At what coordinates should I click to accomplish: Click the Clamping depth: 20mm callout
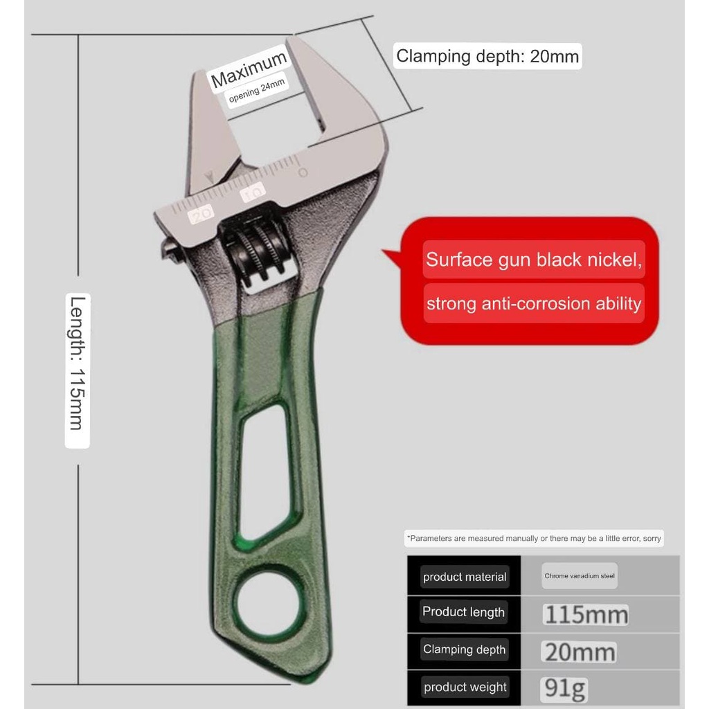(487, 56)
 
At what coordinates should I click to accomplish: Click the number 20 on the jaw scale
(201, 215)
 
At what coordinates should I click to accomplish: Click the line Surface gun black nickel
(534, 260)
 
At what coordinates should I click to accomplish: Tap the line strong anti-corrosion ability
(534, 303)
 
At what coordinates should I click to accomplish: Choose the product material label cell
(465, 577)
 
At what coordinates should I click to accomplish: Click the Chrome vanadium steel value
(580, 576)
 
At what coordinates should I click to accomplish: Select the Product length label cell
(463, 612)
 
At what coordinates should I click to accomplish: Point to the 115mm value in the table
(586, 614)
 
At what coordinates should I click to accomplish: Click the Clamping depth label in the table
(464, 649)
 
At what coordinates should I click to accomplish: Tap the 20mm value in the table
(579, 652)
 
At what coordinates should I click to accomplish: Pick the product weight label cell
(465, 687)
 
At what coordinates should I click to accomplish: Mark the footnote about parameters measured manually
(534, 538)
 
